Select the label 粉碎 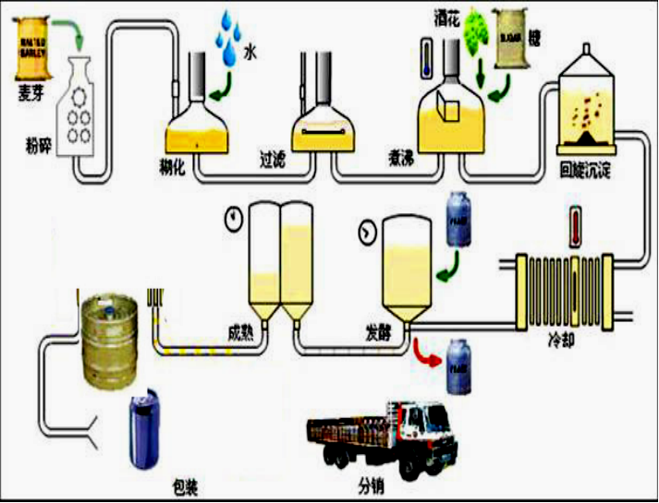(38, 145)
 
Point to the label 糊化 (174, 163)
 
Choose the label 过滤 (275, 160)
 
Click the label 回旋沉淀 (587, 173)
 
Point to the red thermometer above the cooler (575, 227)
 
